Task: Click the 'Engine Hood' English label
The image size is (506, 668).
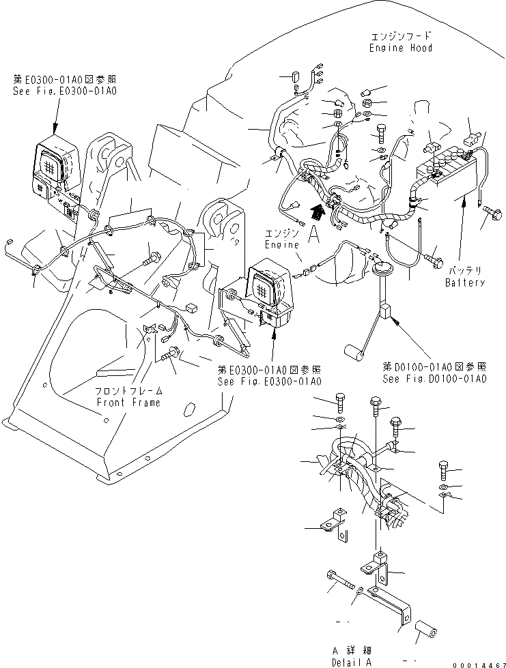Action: pyautogui.click(x=402, y=48)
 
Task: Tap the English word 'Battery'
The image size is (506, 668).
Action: pyautogui.click(x=465, y=282)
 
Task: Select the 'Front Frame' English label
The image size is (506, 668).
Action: pyautogui.click(x=128, y=402)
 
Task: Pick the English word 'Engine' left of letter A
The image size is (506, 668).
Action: pyautogui.click(x=282, y=244)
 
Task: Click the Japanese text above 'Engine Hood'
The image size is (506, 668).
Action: pyautogui.click(x=402, y=35)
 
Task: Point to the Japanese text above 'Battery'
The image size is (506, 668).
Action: pyautogui.click(x=465, y=272)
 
